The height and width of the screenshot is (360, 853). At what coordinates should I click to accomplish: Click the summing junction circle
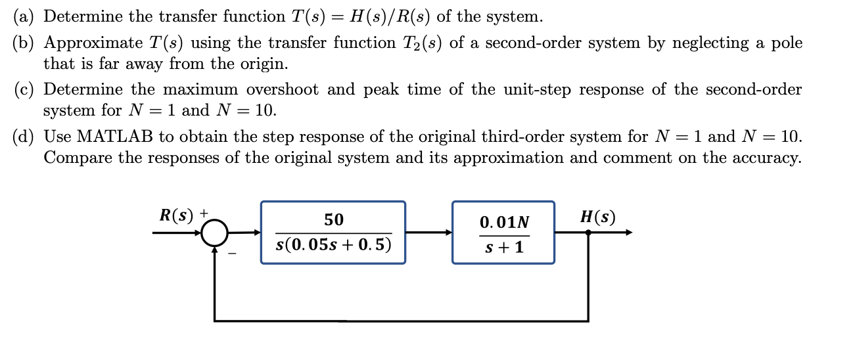click(214, 233)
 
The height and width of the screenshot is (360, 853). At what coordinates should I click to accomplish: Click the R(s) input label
click(178, 214)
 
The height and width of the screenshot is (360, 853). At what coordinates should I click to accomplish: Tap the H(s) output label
click(597, 217)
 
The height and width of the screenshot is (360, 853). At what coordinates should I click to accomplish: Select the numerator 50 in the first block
click(333, 219)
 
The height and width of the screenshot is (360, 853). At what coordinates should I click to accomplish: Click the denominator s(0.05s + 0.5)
click(333, 245)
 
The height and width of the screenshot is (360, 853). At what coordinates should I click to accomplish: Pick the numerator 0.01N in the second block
click(504, 223)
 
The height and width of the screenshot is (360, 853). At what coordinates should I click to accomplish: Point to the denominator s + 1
click(504, 248)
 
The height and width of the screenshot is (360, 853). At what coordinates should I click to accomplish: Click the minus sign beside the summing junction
click(231, 254)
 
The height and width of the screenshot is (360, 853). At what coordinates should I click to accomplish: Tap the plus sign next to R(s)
click(204, 213)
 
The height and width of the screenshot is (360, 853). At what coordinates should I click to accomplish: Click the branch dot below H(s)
click(588, 232)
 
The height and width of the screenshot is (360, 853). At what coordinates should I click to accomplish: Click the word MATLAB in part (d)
click(115, 137)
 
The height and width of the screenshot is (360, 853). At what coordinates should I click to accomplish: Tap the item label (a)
click(25, 16)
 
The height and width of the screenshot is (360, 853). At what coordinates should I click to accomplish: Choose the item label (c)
click(25, 90)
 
